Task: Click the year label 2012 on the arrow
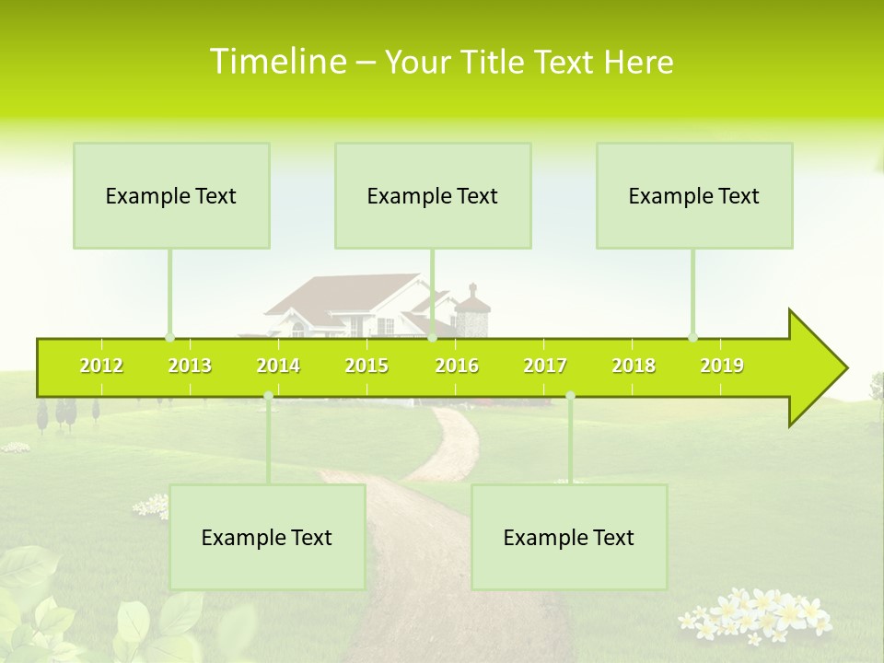[x=101, y=366]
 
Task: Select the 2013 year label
[x=190, y=366]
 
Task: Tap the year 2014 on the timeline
[x=278, y=366]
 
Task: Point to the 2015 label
[x=366, y=366]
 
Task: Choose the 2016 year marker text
[x=457, y=366]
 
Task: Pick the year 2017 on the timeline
[x=545, y=366]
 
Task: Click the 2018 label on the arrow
[x=634, y=366]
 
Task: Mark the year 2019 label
[x=722, y=366]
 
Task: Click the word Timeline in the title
[x=277, y=62]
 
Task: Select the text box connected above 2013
[x=171, y=196]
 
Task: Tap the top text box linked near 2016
[x=433, y=196]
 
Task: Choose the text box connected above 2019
[x=694, y=196]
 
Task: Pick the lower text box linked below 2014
[x=267, y=538]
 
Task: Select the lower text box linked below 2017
[x=569, y=538]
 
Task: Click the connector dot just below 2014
[x=268, y=396]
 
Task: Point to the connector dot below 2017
[x=570, y=396]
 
